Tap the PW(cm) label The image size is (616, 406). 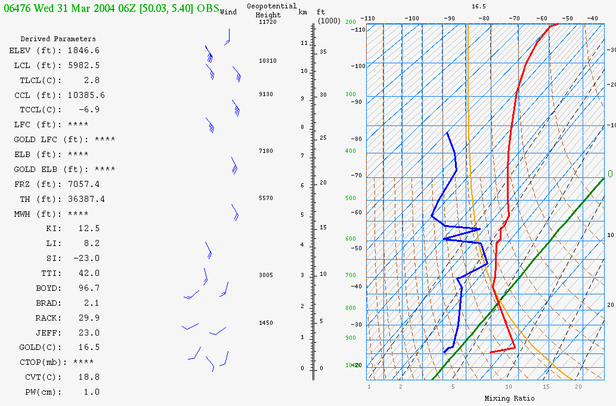tap(43, 392)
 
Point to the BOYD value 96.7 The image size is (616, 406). tap(89, 288)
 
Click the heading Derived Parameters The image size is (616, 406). tap(58, 39)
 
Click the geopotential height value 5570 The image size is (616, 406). tap(266, 198)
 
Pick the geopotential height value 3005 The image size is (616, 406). tap(266, 275)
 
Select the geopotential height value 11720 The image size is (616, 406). tap(268, 22)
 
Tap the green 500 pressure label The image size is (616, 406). tap(351, 198)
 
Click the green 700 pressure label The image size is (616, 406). tap(351, 275)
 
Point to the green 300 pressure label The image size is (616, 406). tap(351, 94)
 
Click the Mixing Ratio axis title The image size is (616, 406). tap(509, 398)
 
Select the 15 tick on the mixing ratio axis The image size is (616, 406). tap(546, 387)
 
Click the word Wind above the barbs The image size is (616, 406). tap(228, 12)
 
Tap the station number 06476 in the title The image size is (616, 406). tap(17, 8)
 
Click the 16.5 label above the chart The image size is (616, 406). tap(479, 7)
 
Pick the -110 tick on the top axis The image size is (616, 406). tap(368, 18)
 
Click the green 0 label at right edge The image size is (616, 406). tap(610, 174)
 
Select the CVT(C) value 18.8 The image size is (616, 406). tap(89, 377)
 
